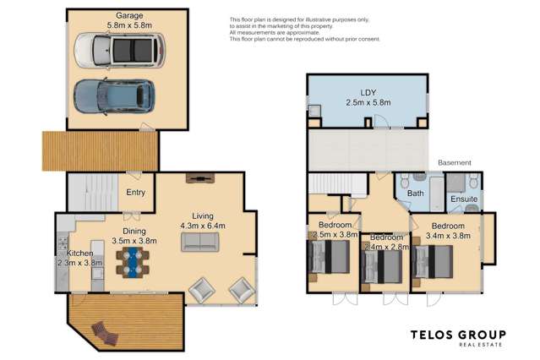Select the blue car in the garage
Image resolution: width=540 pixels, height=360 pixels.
[113, 98]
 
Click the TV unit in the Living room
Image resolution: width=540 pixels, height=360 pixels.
[200, 178]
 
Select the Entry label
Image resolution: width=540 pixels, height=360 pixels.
[135, 193]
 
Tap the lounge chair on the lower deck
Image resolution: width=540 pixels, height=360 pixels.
[101, 333]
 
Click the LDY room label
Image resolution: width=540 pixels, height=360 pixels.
[368, 90]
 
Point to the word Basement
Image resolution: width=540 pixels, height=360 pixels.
[454, 162]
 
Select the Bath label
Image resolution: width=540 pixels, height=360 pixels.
[415, 194]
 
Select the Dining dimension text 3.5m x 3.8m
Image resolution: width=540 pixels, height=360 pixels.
[132, 241]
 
